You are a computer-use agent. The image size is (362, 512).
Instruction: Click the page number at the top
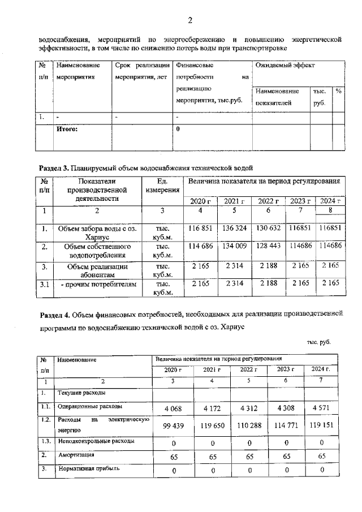click(190, 21)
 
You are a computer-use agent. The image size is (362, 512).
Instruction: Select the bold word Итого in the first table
click(67, 129)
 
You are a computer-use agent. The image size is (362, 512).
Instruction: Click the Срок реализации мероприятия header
click(141, 71)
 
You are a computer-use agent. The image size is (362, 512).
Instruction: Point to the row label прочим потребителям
click(99, 285)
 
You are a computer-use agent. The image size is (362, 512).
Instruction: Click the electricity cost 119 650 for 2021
click(210, 424)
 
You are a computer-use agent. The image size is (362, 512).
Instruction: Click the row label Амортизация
click(74, 454)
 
